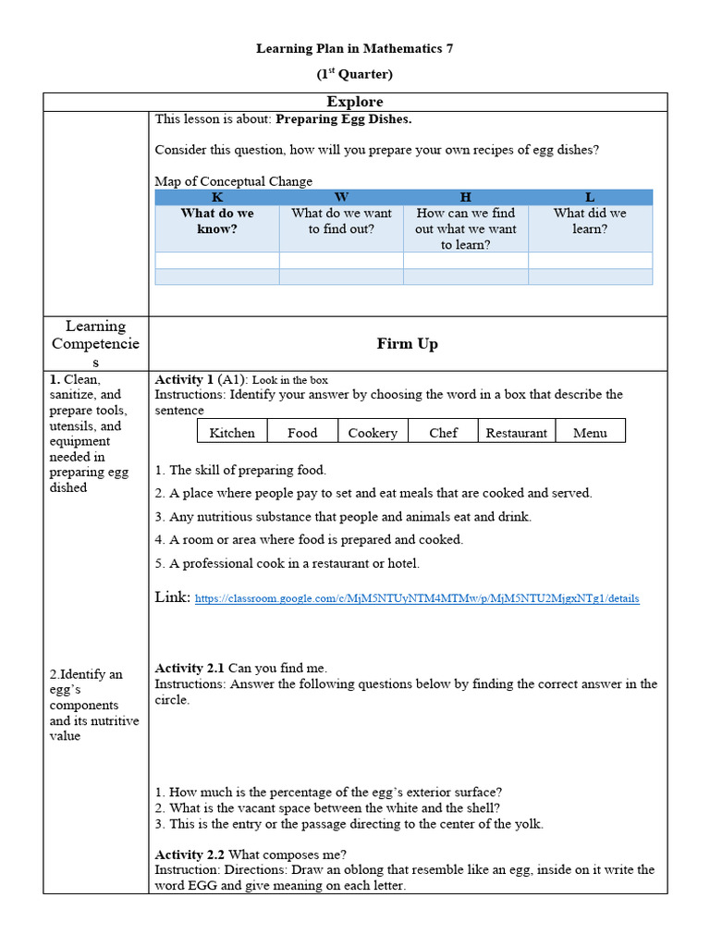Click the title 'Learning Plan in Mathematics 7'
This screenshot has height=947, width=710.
(355, 48)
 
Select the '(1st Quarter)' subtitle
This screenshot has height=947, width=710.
(355, 74)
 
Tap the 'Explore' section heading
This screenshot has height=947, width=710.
(355, 102)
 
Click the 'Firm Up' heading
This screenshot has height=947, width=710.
(407, 343)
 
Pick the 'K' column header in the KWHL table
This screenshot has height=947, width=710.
(217, 197)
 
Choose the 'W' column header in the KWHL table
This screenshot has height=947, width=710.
(341, 197)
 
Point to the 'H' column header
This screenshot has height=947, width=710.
(466, 197)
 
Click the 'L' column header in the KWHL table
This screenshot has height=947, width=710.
(590, 197)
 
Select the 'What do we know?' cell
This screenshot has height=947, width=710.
(217, 220)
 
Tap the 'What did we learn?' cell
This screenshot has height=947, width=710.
(590, 220)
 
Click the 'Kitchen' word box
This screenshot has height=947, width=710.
(232, 432)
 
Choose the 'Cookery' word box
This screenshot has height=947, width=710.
(373, 432)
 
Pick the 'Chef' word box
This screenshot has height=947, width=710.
(443, 432)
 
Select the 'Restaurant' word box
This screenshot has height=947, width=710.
(516, 432)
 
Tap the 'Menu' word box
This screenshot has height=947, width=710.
(590, 432)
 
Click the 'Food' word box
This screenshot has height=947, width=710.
(302, 432)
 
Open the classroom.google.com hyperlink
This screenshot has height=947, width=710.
(417, 598)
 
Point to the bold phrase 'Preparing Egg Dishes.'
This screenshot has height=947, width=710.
(344, 119)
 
